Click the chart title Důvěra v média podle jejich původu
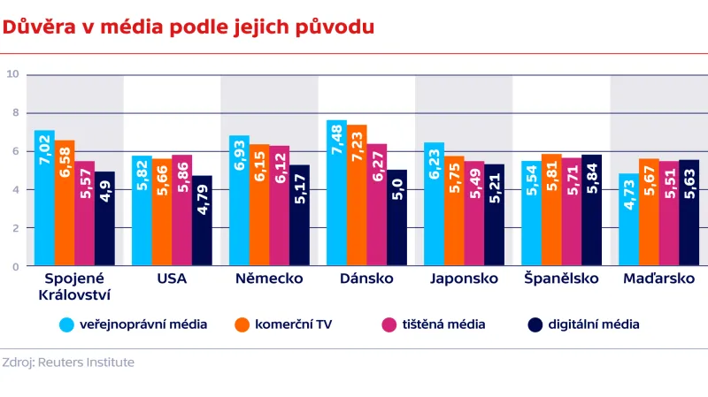point(188,27)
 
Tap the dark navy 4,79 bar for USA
point(203,220)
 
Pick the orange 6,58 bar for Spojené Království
point(65,202)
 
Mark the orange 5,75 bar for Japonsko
point(454,210)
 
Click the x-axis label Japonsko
point(464,279)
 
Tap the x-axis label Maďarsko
point(658,279)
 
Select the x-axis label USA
point(172,279)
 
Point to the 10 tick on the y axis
point(13,74)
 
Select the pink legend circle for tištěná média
point(388,324)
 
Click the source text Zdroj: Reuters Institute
point(68,363)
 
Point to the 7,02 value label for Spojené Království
point(44,149)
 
